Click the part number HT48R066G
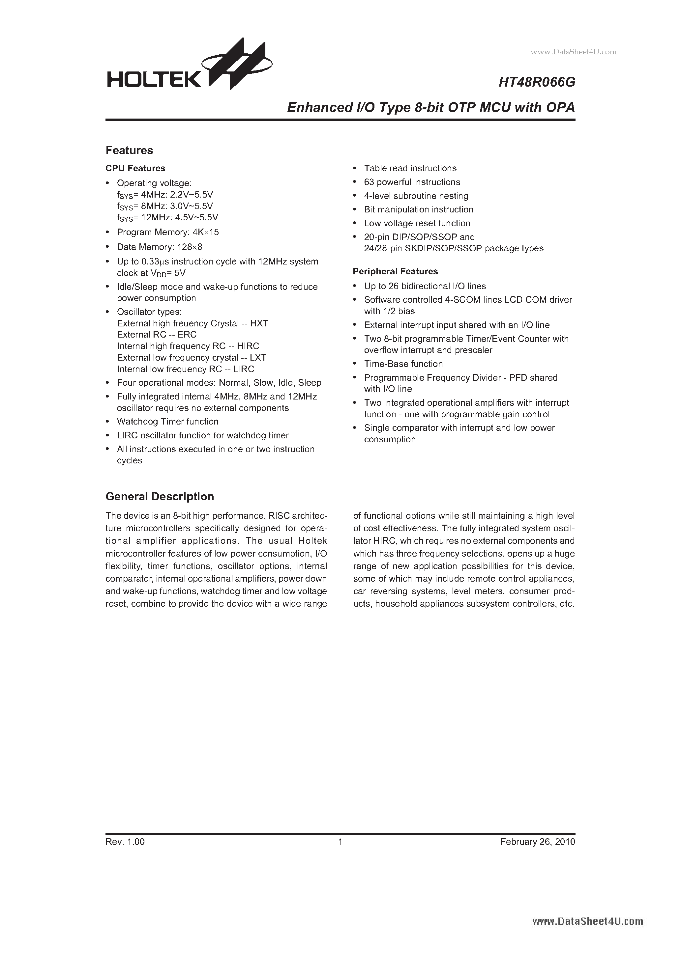tap(536, 83)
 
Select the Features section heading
tap(129, 150)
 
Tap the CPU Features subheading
tap(135, 168)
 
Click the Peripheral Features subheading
tap(395, 271)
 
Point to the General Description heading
tap(160, 497)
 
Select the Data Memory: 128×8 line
tap(159, 247)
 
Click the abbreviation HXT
tap(259, 323)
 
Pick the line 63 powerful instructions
tap(412, 182)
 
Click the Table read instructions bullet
tap(410, 168)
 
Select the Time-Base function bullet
tap(403, 364)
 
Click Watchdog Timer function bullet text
tap(167, 422)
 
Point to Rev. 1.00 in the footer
tap(125, 842)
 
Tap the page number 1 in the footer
tap(340, 842)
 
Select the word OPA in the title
tap(560, 108)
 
